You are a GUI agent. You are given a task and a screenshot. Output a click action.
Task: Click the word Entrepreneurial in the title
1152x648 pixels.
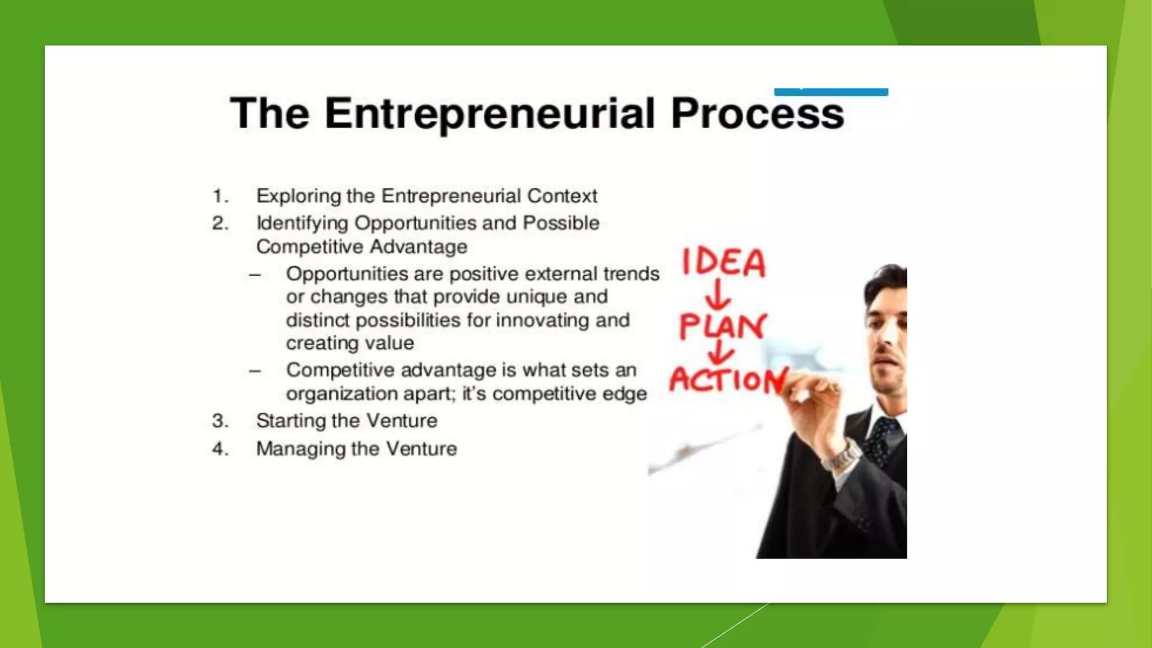click(x=489, y=114)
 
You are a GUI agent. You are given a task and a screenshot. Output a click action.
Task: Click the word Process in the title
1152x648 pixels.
click(x=757, y=114)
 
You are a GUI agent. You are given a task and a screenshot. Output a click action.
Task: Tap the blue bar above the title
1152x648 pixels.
click(x=831, y=92)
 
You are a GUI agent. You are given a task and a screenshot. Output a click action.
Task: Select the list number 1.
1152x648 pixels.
click(x=220, y=196)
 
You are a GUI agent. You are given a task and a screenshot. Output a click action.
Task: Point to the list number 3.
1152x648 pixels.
click(x=220, y=421)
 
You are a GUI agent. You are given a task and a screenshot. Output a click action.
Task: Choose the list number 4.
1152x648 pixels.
click(x=220, y=449)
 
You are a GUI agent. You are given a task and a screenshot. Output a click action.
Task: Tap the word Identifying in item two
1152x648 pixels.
click(x=302, y=223)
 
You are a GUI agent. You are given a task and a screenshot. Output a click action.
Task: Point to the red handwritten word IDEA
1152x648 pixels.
click(x=724, y=263)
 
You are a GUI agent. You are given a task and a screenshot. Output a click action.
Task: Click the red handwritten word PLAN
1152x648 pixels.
click(x=722, y=326)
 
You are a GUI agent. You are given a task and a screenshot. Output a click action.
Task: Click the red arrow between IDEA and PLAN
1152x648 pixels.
click(x=718, y=295)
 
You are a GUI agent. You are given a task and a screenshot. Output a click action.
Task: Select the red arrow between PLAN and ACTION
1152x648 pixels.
click(x=719, y=353)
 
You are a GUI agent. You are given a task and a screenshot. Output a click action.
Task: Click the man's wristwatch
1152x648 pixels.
click(x=840, y=456)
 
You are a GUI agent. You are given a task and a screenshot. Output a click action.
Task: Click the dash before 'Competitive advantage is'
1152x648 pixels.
click(x=255, y=371)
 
